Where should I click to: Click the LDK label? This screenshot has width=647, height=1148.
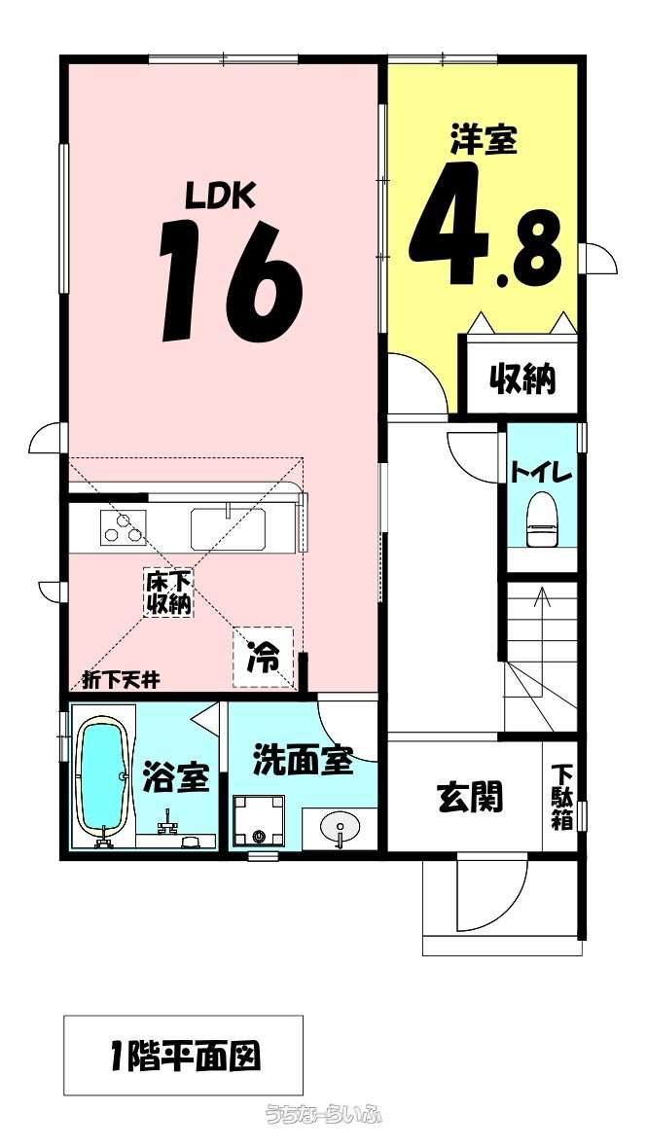click(219, 196)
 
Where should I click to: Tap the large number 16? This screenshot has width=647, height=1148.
click(231, 281)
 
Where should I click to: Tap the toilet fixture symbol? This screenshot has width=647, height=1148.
click(542, 520)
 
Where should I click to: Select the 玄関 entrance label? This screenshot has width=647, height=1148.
click(470, 798)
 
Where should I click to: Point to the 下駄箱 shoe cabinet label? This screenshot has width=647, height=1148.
click(561, 797)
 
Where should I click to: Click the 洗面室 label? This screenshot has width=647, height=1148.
click(303, 762)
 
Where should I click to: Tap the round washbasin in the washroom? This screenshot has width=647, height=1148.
click(341, 827)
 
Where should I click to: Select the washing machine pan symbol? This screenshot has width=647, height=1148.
click(258, 821)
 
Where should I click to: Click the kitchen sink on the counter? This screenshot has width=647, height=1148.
click(228, 528)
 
